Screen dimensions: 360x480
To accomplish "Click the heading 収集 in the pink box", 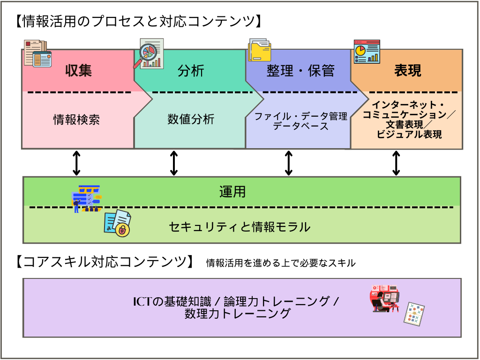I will (78, 70).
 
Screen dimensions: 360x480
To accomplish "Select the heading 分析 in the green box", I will (191, 70).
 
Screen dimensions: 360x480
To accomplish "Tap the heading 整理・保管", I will (300, 70).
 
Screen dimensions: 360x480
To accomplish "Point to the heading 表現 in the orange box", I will (407, 70).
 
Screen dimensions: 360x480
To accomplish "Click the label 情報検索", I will (76, 120).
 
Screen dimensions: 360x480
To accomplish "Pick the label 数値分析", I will (191, 120).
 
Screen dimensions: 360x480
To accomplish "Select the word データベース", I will (300, 126).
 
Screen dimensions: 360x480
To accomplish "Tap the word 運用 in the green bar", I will (232, 192).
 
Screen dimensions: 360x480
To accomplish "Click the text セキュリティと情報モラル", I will (240, 227).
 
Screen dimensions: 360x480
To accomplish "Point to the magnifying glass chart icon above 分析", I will (151, 53).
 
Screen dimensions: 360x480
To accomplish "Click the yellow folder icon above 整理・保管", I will (260, 51).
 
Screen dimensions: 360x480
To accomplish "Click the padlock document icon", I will (118, 224).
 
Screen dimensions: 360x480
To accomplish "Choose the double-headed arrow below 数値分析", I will (174, 163).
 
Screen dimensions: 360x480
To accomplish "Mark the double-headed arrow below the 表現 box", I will (396, 163).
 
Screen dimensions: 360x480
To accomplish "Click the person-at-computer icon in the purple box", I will (385, 298).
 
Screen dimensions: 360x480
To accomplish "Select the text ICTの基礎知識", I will (173, 301).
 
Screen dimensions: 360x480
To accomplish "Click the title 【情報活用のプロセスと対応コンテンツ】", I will (137, 21).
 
